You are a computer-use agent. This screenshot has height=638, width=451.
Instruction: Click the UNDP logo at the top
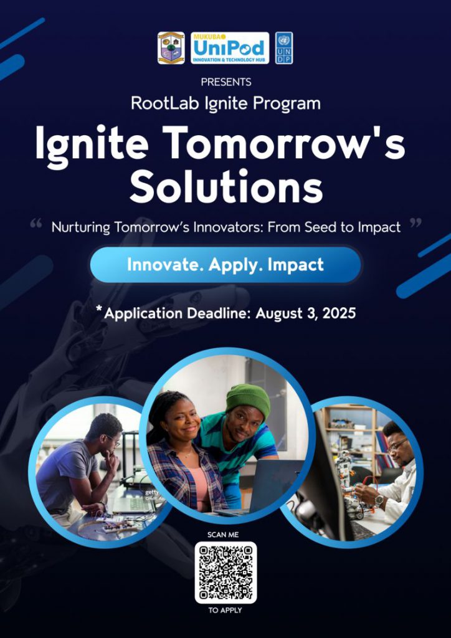pos(284,48)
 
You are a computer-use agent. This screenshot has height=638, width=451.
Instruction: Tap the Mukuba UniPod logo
pos(230,48)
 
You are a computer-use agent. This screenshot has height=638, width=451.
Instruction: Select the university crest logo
pos(171,48)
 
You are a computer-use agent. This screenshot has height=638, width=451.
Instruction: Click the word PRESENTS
pos(226,82)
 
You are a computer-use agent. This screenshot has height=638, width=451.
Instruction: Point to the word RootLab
pos(158,103)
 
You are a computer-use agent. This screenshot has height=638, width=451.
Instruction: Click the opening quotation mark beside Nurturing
pos(36,224)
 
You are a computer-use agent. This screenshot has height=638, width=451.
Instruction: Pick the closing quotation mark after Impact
pos(415,224)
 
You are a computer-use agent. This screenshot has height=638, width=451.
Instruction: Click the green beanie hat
pos(249,399)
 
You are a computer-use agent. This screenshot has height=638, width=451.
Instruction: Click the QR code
pos(225,572)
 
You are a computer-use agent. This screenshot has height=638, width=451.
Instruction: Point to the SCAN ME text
pos(225,535)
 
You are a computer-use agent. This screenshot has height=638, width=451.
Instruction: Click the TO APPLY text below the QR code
pos(225,611)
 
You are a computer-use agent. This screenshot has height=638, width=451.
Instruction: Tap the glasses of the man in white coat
pos(397,445)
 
